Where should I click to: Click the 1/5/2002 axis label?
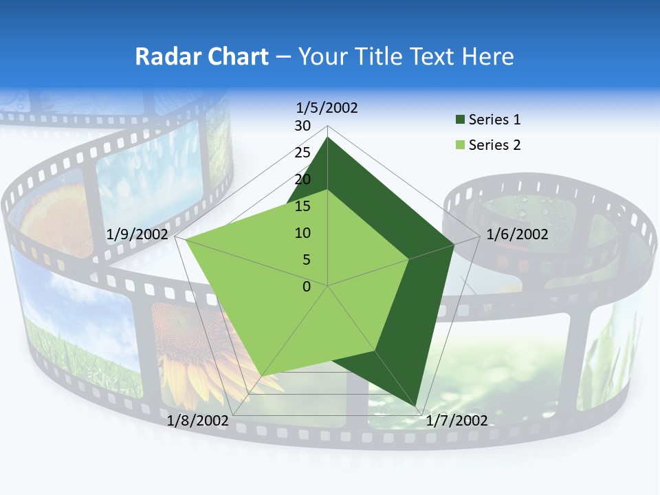point(327,107)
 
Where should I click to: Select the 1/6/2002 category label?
point(517,234)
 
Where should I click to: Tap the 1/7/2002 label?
point(456,421)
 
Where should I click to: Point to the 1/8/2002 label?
point(197,421)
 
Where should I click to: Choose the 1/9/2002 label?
point(137,234)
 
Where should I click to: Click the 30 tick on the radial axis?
point(302,126)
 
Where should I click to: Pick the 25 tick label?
point(302,153)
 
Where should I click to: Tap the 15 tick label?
point(302,206)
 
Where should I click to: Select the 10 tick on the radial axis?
point(302,233)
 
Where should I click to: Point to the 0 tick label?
point(307,287)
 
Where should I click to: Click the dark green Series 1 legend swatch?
point(460,120)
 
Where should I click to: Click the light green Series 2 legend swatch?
point(460,145)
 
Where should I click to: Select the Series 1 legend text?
point(494,120)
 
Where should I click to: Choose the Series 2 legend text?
point(494,145)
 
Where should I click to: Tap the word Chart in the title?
point(238,56)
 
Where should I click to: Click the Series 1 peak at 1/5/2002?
point(327,137)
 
